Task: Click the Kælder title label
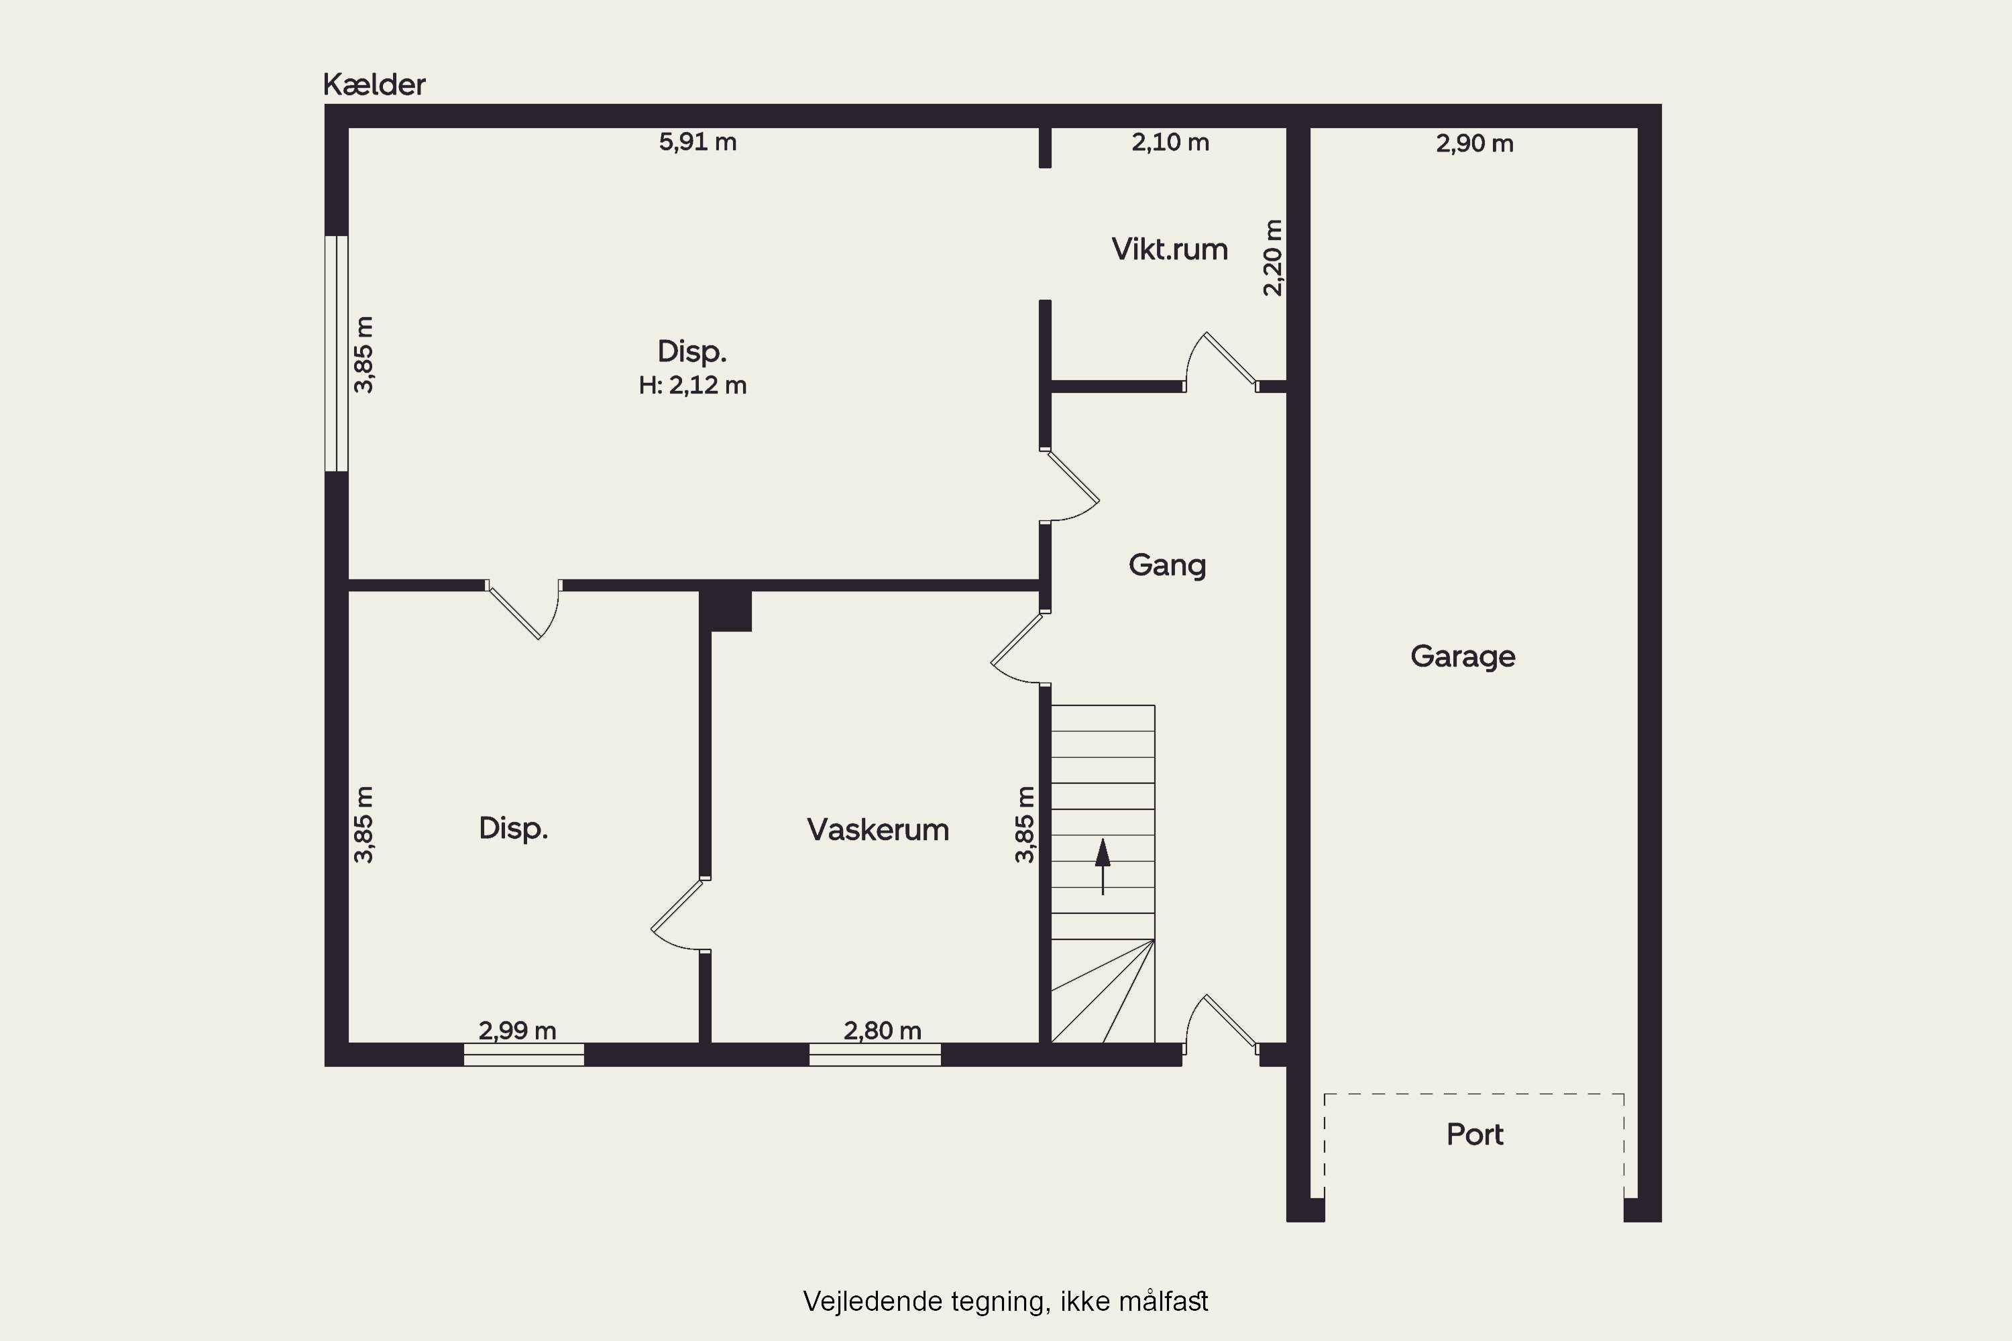tap(374, 84)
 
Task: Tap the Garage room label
tap(1463, 657)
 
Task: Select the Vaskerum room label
tap(878, 829)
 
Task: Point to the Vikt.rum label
tap(1170, 249)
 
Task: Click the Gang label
tap(1167, 565)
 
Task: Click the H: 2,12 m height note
tap(692, 386)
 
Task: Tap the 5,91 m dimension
tap(697, 142)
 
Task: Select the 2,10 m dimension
tap(1170, 142)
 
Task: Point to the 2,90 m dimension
tap(1475, 143)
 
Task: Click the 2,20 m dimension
tap(1273, 257)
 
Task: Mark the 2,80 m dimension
tap(883, 1031)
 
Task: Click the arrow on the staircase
tap(1103, 866)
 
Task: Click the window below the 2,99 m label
tap(524, 1055)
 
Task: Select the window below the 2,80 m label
tap(875, 1055)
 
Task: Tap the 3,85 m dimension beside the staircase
tap(1025, 825)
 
